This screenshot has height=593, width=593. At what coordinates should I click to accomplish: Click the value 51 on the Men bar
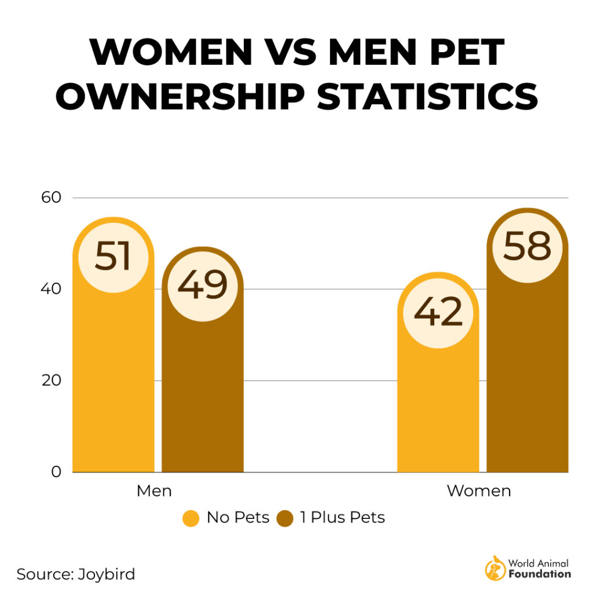click(113, 257)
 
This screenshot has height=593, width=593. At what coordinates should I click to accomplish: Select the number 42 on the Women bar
click(438, 313)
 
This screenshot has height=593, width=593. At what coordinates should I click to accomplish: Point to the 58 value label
click(526, 247)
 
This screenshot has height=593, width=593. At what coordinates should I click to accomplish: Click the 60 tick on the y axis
click(50, 197)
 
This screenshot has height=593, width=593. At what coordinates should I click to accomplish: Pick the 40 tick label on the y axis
click(50, 289)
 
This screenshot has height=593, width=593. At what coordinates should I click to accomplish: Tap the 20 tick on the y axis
click(50, 380)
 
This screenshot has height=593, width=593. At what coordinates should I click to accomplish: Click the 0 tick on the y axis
click(56, 472)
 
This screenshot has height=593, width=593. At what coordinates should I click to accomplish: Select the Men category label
click(154, 491)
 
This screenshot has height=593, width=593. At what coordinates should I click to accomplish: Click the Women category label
click(479, 491)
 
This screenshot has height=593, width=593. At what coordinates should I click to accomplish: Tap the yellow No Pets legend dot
click(191, 518)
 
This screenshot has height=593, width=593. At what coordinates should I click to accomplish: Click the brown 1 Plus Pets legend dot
click(286, 518)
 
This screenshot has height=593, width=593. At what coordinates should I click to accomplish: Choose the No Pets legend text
click(238, 518)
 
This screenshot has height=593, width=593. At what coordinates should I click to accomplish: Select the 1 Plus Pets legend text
click(342, 518)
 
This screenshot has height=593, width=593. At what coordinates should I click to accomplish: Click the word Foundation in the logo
click(539, 574)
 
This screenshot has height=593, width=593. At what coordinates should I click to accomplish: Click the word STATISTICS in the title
click(427, 97)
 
